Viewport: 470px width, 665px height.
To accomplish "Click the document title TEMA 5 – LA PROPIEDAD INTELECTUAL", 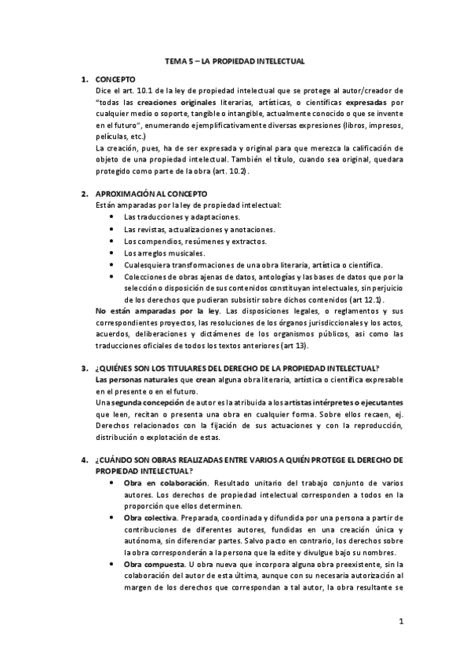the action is click(x=239, y=60).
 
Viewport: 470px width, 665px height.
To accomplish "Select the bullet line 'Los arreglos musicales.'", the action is click(x=165, y=253).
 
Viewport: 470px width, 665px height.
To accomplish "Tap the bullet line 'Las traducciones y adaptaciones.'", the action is click(x=182, y=216).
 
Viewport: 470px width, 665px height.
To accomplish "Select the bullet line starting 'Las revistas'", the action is click(x=199, y=229).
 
